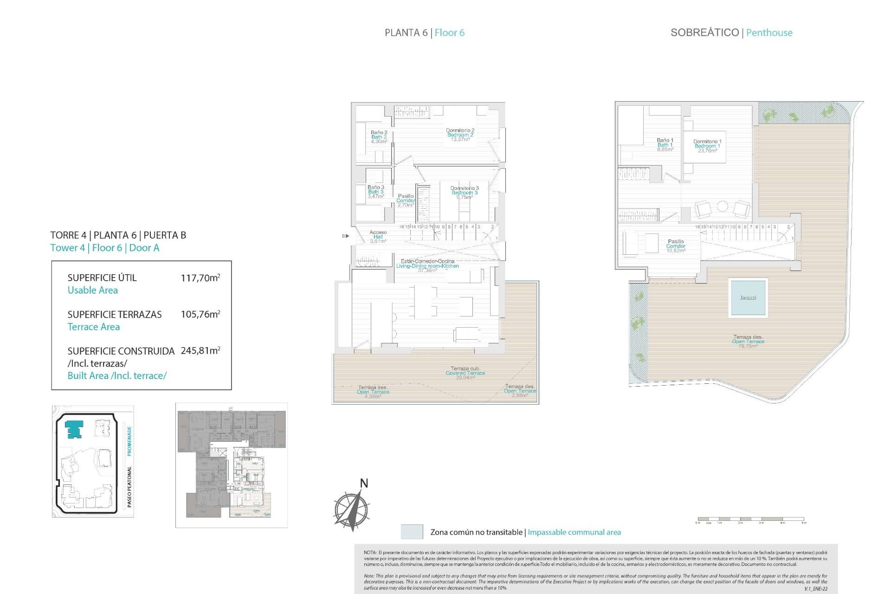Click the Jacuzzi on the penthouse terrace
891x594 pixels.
pyautogui.click(x=748, y=297)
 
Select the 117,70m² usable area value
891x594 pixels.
pyautogui.click(x=200, y=278)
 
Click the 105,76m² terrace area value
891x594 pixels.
pyautogui.click(x=200, y=314)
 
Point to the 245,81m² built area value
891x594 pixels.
pyautogui.click(x=200, y=351)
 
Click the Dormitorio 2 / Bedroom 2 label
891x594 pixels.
pyautogui.click(x=460, y=135)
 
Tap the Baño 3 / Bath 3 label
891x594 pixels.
pyautogui.click(x=375, y=192)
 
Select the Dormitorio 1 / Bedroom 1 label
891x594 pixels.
pyautogui.click(x=707, y=146)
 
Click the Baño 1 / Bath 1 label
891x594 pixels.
pyautogui.click(x=665, y=145)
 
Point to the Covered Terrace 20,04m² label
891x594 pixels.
pyautogui.click(x=465, y=373)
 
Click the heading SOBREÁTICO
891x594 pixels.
pyautogui.click(x=704, y=32)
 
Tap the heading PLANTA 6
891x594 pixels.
pyautogui.click(x=406, y=32)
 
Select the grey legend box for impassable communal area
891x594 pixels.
pyautogui.click(x=412, y=532)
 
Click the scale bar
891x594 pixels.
pyautogui.click(x=750, y=519)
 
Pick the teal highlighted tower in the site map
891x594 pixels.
pyautogui.click(x=74, y=429)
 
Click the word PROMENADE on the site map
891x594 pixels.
pyautogui.click(x=129, y=441)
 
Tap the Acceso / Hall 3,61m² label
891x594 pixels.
pyautogui.click(x=378, y=237)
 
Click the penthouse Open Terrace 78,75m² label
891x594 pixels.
pyautogui.click(x=748, y=342)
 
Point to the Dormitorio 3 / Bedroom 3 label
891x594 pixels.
pyautogui.click(x=464, y=193)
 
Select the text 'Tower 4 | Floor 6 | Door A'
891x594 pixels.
pyautogui.click(x=105, y=248)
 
